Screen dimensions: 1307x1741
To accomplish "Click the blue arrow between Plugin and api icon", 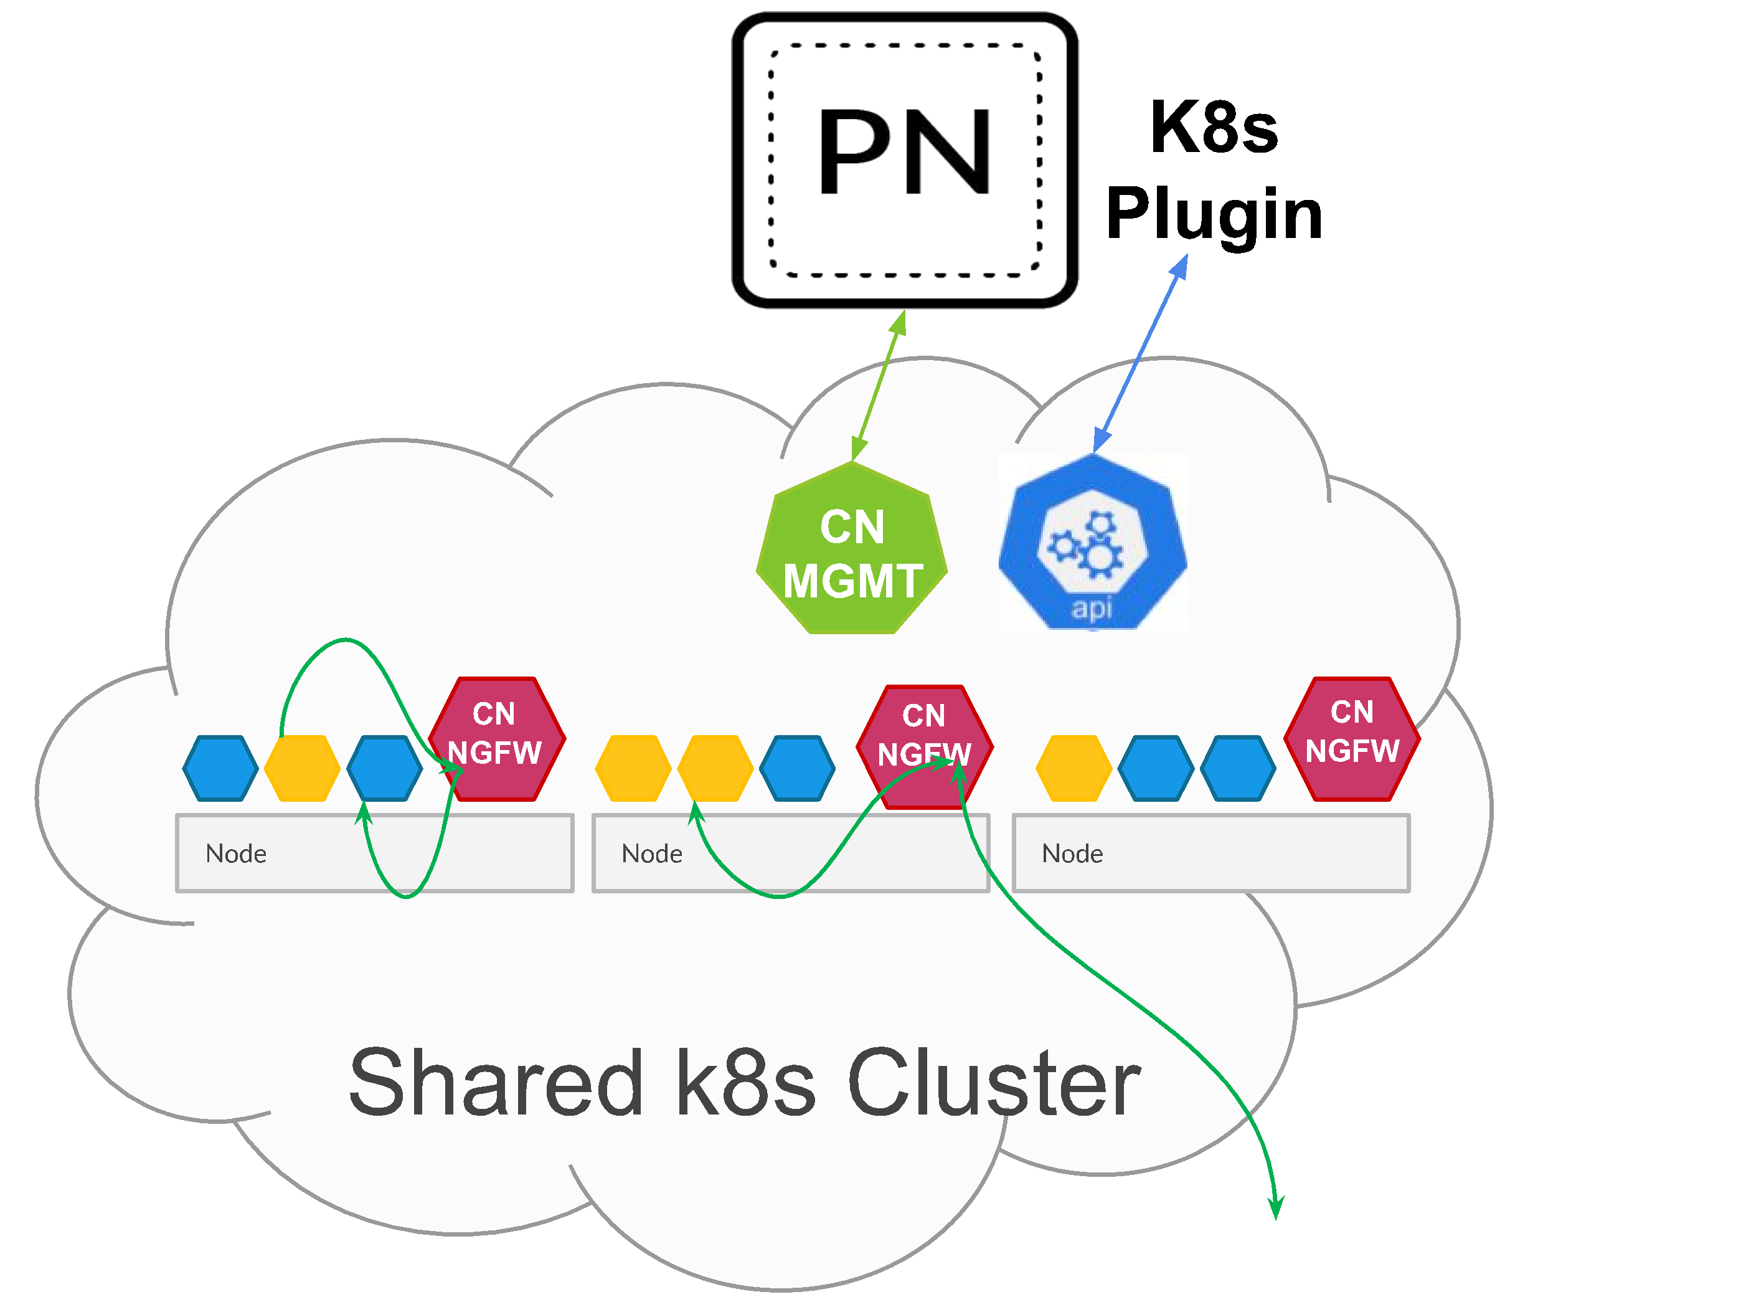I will pos(1139,353).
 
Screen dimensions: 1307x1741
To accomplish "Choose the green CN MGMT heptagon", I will pos(852,551).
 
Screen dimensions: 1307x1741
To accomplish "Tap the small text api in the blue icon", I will pos(1092,608).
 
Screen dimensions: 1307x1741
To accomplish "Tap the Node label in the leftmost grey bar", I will pos(236,853).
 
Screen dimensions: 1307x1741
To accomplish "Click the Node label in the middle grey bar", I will pos(652,853).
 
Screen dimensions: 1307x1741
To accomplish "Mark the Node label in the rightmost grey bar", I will pos(1072,853).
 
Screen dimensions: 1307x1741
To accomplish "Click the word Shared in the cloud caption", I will pos(496,1083).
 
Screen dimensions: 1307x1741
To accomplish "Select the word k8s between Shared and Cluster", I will pos(745,1083).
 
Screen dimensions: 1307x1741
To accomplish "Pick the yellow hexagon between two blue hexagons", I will pos(302,768).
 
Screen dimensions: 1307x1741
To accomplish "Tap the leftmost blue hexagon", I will pos(220,768).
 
